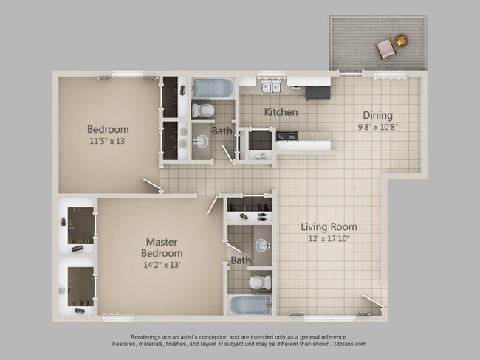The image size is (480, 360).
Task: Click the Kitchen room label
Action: click(x=281, y=112)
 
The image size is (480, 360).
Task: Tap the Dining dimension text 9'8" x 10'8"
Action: click(x=378, y=127)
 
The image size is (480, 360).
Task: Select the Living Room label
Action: click(x=329, y=227)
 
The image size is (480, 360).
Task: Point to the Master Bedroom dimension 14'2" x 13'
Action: click(x=162, y=265)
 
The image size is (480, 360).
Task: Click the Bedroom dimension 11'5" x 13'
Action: click(x=108, y=141)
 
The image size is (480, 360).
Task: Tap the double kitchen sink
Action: click(x=272, y=88)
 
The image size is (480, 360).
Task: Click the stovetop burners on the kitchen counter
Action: click(x=287, y=136)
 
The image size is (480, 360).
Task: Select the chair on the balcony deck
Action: click(x=385, y=49)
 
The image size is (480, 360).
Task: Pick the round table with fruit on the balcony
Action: click(x=402, y=41)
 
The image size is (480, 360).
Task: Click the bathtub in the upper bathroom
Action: click(x=213, y=89)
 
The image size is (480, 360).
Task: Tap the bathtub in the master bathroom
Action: click(x=250, y=305)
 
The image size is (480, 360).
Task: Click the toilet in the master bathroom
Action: click(x=260, y=283)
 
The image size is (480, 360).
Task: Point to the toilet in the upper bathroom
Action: click(x=202, y=110)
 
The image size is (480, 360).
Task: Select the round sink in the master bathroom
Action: click(x=261, y=246)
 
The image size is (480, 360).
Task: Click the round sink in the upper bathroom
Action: click(x=201, y=142)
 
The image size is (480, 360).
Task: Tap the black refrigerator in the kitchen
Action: click(x=318, y=92)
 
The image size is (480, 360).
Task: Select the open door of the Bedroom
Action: click(x=152, y=185)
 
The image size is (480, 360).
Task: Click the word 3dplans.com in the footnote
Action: click(x=349, y=344)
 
